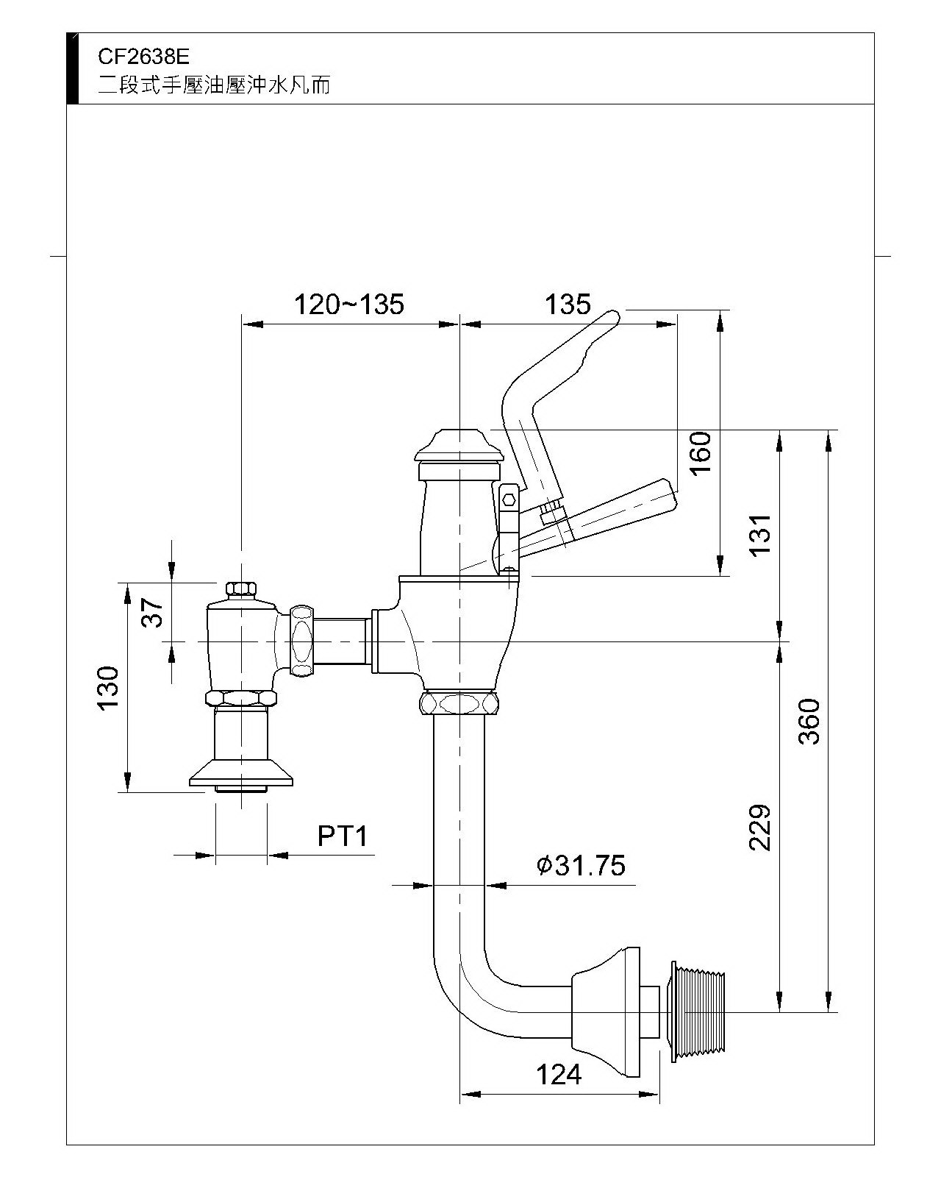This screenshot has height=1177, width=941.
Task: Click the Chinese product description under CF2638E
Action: pyautogui.click(x=215, y=85)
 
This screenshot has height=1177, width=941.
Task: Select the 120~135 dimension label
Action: pyautogui.click(x=349, y=304)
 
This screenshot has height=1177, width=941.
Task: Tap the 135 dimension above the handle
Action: pyautogui.click(x=568, y=304)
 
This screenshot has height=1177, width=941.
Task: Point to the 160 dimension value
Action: pyautogui.click(x=701, y=452)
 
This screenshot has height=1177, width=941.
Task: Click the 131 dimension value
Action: pyautogui.click(x=761, y=535)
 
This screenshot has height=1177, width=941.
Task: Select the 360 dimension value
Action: pyautogui.click(x=809, y=721)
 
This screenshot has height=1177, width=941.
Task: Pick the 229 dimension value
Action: pyautogui.click(x=761, y=828)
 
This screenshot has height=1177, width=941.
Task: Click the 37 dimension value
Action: pyautogui.click(x=152, y=611)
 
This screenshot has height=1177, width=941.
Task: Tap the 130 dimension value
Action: pyautogui.click(x=107, y=689)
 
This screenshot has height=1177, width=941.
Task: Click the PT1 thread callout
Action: pyautogui.click(x=342, y=836)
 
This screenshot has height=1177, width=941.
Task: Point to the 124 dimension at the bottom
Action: pyautogui.click(x=559, y=1075)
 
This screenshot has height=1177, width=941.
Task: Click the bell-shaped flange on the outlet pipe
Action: pyautogui.click(x=607, y=1011)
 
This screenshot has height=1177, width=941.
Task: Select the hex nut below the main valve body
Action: pyautogui.click(x=459, y=703)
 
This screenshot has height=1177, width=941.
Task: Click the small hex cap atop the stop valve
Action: pyautogui.click(x=240, y=589)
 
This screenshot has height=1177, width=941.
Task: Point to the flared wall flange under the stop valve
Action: pyautogui.click(x=242, y=775)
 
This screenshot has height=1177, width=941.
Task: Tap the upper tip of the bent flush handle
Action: pyautogui.click(x=612, y=317)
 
